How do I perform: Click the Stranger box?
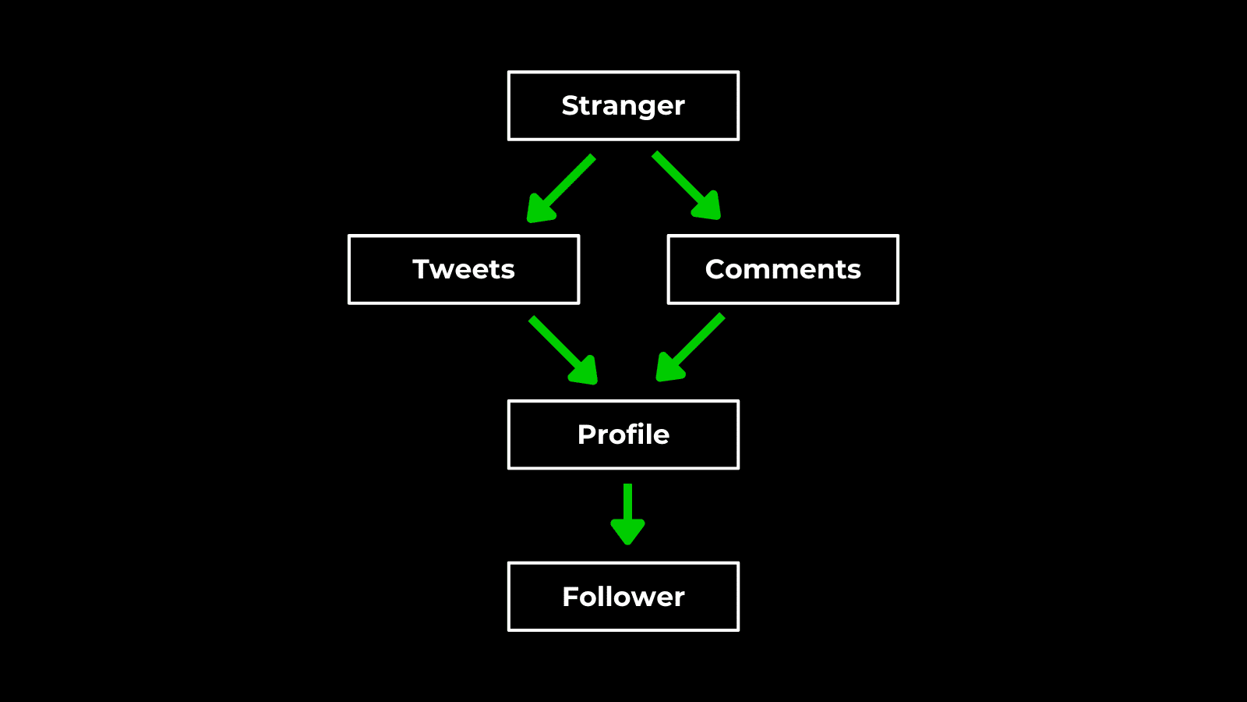623,106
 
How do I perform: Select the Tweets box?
464,269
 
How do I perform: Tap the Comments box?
782,269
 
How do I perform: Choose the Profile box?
623,434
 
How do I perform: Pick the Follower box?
623,597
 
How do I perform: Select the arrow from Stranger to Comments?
684,184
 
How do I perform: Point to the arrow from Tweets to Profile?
561,349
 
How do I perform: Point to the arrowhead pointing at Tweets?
540,209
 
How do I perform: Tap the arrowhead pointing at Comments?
708,207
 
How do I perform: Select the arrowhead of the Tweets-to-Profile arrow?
585,371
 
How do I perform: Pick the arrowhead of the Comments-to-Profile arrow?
669,368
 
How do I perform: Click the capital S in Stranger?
571,105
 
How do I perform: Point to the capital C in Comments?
717,269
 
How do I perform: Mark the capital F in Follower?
571,597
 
